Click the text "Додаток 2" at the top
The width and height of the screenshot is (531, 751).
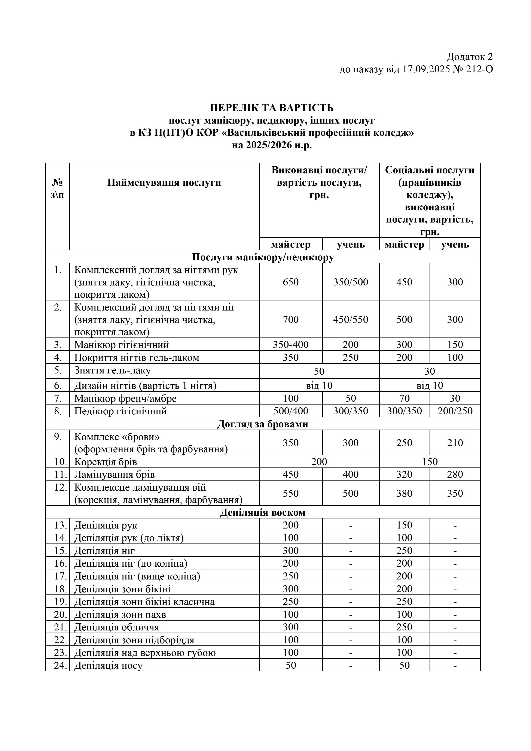(470, 57)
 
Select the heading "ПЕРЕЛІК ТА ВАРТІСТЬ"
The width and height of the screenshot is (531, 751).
(272, 108)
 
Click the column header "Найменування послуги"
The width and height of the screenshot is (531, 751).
(164, 182)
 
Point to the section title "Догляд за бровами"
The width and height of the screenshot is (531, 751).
(263, 424)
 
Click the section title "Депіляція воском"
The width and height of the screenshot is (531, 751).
(263, 512)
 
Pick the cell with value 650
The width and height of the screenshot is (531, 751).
(291, 282)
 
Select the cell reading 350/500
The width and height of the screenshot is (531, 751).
(351, 282)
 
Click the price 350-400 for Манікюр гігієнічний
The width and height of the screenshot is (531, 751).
(291, 344)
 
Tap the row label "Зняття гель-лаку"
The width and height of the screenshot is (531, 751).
(113, 371)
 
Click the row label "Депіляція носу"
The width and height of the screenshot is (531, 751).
(109, 666)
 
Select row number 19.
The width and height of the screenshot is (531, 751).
(61, 602)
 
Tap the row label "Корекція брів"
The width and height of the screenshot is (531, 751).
(106, 462)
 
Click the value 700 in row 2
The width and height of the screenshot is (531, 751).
(291, 320)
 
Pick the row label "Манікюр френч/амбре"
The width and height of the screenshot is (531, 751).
(126, 398)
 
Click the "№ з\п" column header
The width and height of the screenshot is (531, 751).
(58, 188)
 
